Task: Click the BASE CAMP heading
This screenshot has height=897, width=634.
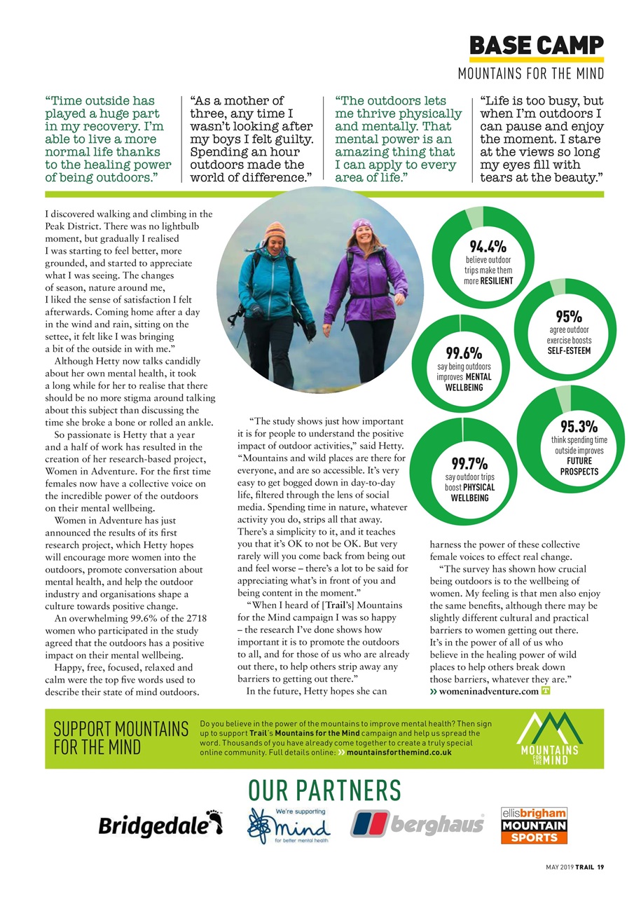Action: pos(536,46)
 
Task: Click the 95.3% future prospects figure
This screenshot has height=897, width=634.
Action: pos(579,427)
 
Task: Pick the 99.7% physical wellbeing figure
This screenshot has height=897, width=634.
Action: pos(469,463)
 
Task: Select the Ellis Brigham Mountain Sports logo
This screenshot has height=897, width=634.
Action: pos(534,825)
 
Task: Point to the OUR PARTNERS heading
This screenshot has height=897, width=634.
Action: pos(324,790)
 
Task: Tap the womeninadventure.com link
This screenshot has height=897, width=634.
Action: pos(488,692)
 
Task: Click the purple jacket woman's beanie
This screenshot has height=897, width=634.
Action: pos(362,226)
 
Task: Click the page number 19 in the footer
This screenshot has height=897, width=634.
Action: pos(600,866)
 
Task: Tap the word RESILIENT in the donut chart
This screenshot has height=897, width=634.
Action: pos(497,281)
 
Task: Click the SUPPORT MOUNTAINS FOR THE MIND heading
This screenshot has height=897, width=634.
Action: pos(120,738)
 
